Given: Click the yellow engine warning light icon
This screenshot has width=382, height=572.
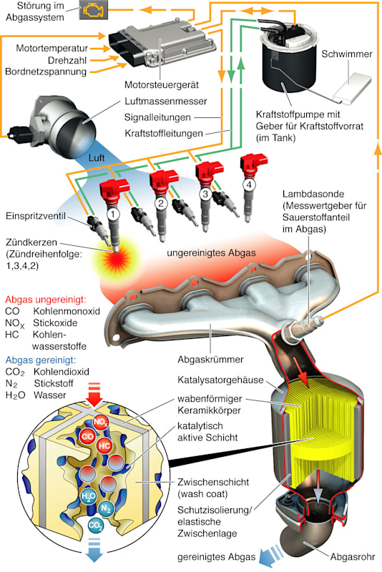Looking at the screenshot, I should pos(92,11).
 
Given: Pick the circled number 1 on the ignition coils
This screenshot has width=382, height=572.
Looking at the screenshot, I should pos(112,213).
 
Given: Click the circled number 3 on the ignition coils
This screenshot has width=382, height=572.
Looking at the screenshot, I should pos(205,194).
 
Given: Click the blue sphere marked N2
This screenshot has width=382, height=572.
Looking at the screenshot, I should pos(106,509).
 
